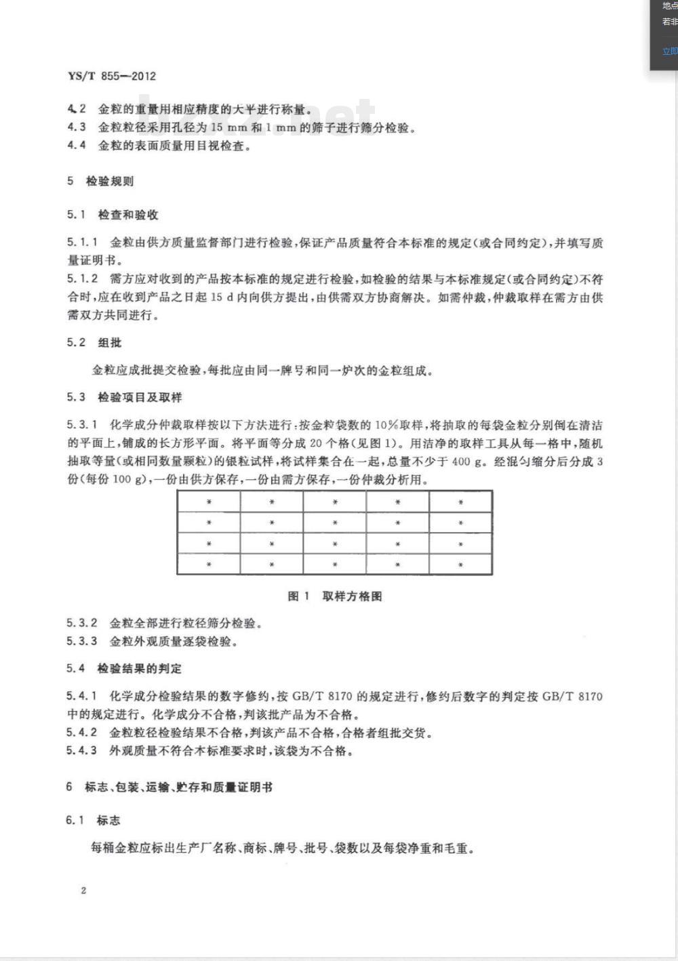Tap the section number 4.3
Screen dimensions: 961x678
click(x=77, y=127)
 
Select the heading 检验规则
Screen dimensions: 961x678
click(x=110, y=181)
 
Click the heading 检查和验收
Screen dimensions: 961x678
click(x=128, y=215)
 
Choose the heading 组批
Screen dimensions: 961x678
click(x=110, y=342)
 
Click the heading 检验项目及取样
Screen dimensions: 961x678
click(x=140, y=397)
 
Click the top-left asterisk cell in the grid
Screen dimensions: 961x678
click(x=209, y=502)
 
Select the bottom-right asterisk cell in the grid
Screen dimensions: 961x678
click(x=460, y=565)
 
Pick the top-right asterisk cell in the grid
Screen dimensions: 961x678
click(x=460, y=502)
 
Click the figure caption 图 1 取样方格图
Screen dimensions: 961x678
click(x=335, y=596)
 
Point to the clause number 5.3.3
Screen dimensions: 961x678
click(x=82, y=640)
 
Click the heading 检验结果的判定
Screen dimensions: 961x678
click(x=140, y=668)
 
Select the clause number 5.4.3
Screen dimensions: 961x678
click(x=82, y=750)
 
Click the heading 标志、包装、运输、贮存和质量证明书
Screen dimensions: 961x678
click(x=178, y=787)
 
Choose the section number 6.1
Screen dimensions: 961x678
click(x=75, y=820)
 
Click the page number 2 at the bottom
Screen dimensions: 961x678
click(x=83, y=891)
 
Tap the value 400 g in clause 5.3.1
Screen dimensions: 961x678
click(x=469, y=462)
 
